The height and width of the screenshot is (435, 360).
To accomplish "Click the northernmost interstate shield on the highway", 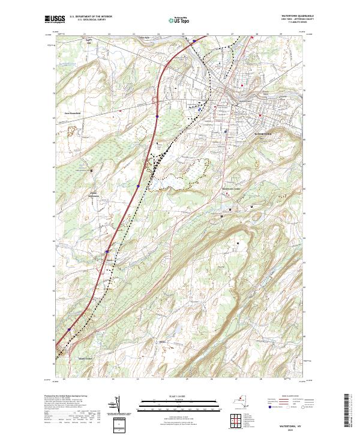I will (193, 41).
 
